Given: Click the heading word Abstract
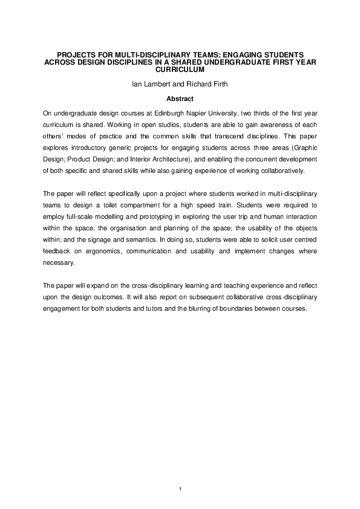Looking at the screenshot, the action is pyautogui.click(x=180, y=97).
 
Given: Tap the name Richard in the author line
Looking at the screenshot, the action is pyautogui.click(x=191, y=85).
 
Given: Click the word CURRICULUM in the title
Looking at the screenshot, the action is pyautogui.click(x=180, y=70).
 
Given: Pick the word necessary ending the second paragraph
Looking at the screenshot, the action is pyautogui.click(x=58, y=264).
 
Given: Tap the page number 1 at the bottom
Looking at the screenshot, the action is pyautogui.click(x=180, y=487).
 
